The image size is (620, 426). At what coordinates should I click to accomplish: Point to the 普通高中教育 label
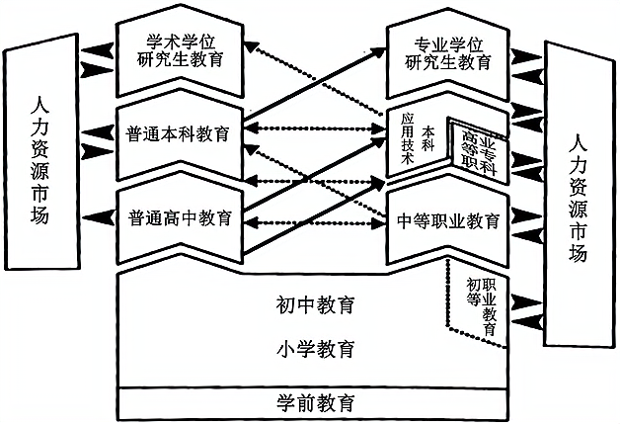pos(179,217)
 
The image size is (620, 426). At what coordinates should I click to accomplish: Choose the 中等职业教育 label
pos(446,218)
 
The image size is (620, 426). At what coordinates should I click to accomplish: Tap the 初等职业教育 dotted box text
pos(481,302)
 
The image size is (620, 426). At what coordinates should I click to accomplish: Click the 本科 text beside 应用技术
pos(427,136)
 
